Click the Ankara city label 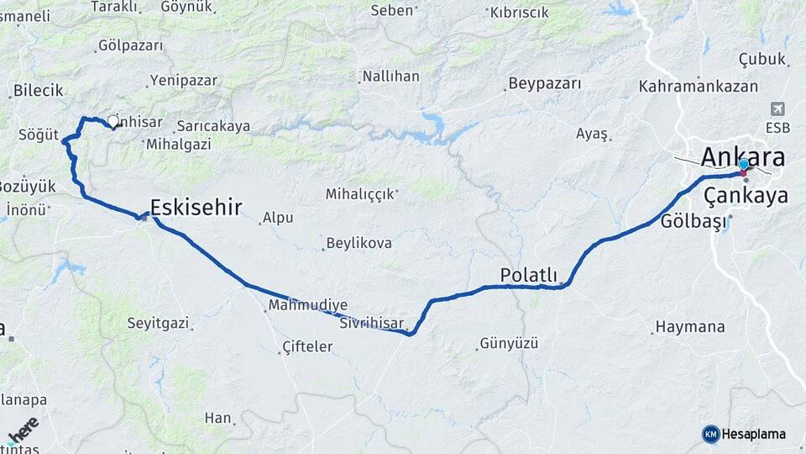click(742, 158)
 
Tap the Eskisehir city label click(196, 208)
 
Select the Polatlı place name click(528, 275)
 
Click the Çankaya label click(746, 196)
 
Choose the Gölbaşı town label click(691, 222)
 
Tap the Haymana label click(690, 326)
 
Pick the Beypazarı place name click(544, 84)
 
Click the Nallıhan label click(390, 77)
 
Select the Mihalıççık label click(360, 194)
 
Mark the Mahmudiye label click(308, 305)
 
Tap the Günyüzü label click(509, 343)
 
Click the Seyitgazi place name click(158, 323)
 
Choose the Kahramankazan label click(698, 87)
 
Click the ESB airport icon click(777, 110)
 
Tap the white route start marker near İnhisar click(113, 121)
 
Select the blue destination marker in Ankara click(743, 164)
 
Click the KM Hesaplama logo click(744, 434)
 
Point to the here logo click(24, 430)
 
